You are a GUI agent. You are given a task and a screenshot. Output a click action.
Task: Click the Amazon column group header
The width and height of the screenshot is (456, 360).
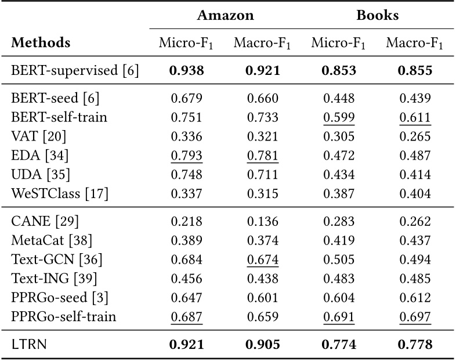click(x=225, y=16)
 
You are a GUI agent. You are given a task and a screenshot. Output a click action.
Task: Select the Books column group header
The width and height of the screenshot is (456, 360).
click(x=377, y=16)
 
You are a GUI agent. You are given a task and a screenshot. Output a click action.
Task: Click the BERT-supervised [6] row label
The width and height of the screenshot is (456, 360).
click(x=75, y=71)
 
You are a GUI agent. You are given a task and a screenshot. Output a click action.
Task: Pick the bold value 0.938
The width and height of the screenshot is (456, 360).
click(x=187, y=71)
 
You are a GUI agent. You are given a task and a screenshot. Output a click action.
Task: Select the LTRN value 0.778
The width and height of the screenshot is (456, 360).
click(x=415, y=345)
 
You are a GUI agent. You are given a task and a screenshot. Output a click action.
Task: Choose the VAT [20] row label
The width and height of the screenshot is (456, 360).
click(x=38, y=136)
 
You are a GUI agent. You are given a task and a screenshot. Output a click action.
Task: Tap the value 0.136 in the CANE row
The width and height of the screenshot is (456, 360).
click(x=263, y=221)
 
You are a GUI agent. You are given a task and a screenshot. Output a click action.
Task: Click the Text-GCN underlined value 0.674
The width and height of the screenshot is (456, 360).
click(x=263, y=259)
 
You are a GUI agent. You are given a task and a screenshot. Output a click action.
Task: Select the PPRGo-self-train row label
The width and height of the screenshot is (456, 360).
click(x=64, y=316)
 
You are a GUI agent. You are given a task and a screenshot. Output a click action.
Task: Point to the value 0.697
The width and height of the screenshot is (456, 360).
click(x=415, y=316)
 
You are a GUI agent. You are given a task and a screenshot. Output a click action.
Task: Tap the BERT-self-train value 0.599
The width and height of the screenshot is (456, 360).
click(x=339, y=117)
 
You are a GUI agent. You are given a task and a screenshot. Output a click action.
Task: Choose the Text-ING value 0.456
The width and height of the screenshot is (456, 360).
click(x=187, y=278)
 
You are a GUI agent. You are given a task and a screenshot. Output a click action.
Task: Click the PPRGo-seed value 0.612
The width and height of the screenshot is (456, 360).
click(x=415, y=297)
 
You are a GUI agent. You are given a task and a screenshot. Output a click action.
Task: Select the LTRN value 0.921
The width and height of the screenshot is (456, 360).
click(x=187, y=345)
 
